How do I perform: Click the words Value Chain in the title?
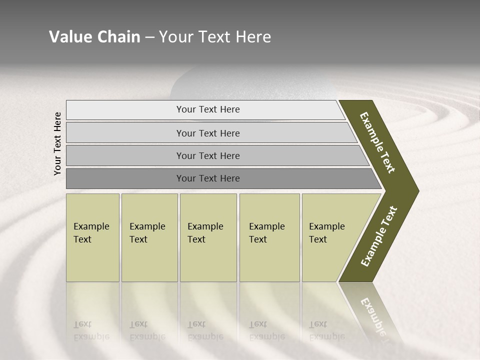pos(94,37)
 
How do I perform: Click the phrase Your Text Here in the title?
pos(215,37)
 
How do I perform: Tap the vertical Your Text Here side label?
pos(57,143)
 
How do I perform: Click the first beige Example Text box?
pos(92,237)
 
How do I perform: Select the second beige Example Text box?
pos(149,237)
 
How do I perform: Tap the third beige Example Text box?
pos(208,237)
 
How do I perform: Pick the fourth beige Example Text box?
pos(269,237)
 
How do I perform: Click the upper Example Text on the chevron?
pos(378,142)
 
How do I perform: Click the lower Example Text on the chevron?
pos(379,236)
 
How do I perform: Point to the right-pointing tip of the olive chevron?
pos(416,191)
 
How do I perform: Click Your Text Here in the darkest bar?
pos(208,178)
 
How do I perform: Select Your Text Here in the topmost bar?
pos(208,109)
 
